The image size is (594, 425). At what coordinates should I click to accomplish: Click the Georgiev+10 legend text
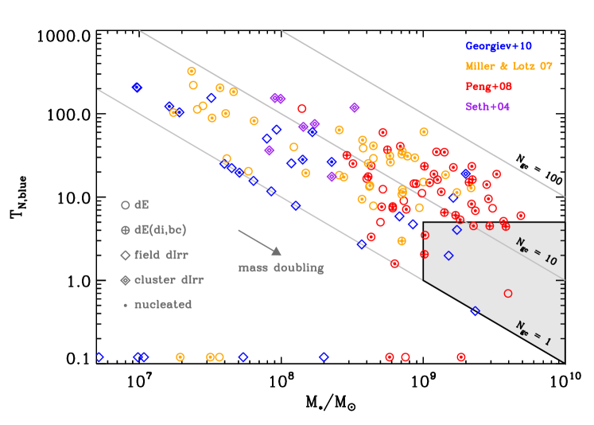[499, 46]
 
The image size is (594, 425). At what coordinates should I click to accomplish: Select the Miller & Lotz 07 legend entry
[509, 66]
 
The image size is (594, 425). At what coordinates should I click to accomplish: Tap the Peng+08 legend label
[489, 86]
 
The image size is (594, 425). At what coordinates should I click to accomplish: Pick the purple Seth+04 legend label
[487, 106]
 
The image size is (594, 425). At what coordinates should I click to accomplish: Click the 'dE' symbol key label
[142, 205]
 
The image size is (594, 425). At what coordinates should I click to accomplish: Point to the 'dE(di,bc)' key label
[160, 230]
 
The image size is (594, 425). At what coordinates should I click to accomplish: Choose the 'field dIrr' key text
[161, 255]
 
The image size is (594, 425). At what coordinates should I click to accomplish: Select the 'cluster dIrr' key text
[169, 280]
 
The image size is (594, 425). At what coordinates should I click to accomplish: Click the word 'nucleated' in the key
[163, 305]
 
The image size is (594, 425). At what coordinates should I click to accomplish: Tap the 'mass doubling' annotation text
[281, 268]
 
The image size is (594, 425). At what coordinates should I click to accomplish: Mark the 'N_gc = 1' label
[533, 333]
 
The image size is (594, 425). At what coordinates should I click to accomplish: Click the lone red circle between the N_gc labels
[508, 294]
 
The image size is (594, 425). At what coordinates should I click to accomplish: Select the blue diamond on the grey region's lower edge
[475, 311]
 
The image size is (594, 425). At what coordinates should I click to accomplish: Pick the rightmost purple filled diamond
[355, 107]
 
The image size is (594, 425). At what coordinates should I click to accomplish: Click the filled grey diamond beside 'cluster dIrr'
[125, 280]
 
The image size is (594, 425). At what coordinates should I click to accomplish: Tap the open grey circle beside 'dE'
[125, 205]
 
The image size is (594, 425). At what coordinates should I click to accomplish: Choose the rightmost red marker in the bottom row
[461, 357]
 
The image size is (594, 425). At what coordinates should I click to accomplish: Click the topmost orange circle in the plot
[192, 72]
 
